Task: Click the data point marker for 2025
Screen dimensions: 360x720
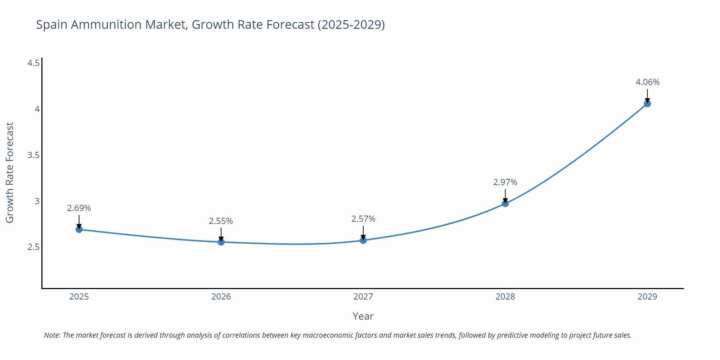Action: click(x=79, y=229)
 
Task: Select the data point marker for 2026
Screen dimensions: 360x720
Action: click(x=221, y=242)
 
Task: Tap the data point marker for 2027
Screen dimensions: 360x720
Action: click(x=363, y=240)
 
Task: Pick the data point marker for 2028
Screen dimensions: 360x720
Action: click(x=505, y=203)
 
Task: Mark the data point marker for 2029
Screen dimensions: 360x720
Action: click(x=647, y=104)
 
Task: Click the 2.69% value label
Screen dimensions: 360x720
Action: click(x=79, y=208)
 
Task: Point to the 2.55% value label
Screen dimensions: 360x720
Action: click(x=221, y=221)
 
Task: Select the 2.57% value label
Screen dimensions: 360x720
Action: click(x=363, y=219)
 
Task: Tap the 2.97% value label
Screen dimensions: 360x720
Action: click(x=505, y=182)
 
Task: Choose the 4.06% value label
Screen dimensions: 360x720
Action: click(x=647, y=82)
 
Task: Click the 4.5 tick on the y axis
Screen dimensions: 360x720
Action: click(x=33, y=63)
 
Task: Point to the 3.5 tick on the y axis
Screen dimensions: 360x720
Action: click(x=33, y=155)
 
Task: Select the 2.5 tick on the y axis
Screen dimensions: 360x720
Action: click(x=33, y=247)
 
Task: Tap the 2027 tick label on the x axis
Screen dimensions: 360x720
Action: click(x=363, y=297)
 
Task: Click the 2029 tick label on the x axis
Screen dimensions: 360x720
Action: click(x=647, y=297)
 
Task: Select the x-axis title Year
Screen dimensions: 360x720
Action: click(x=363, y=316)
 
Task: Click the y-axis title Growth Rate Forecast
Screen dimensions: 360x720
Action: click(x=10, y=172)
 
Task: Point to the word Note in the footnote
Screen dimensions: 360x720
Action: click(x=52, y=335)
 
